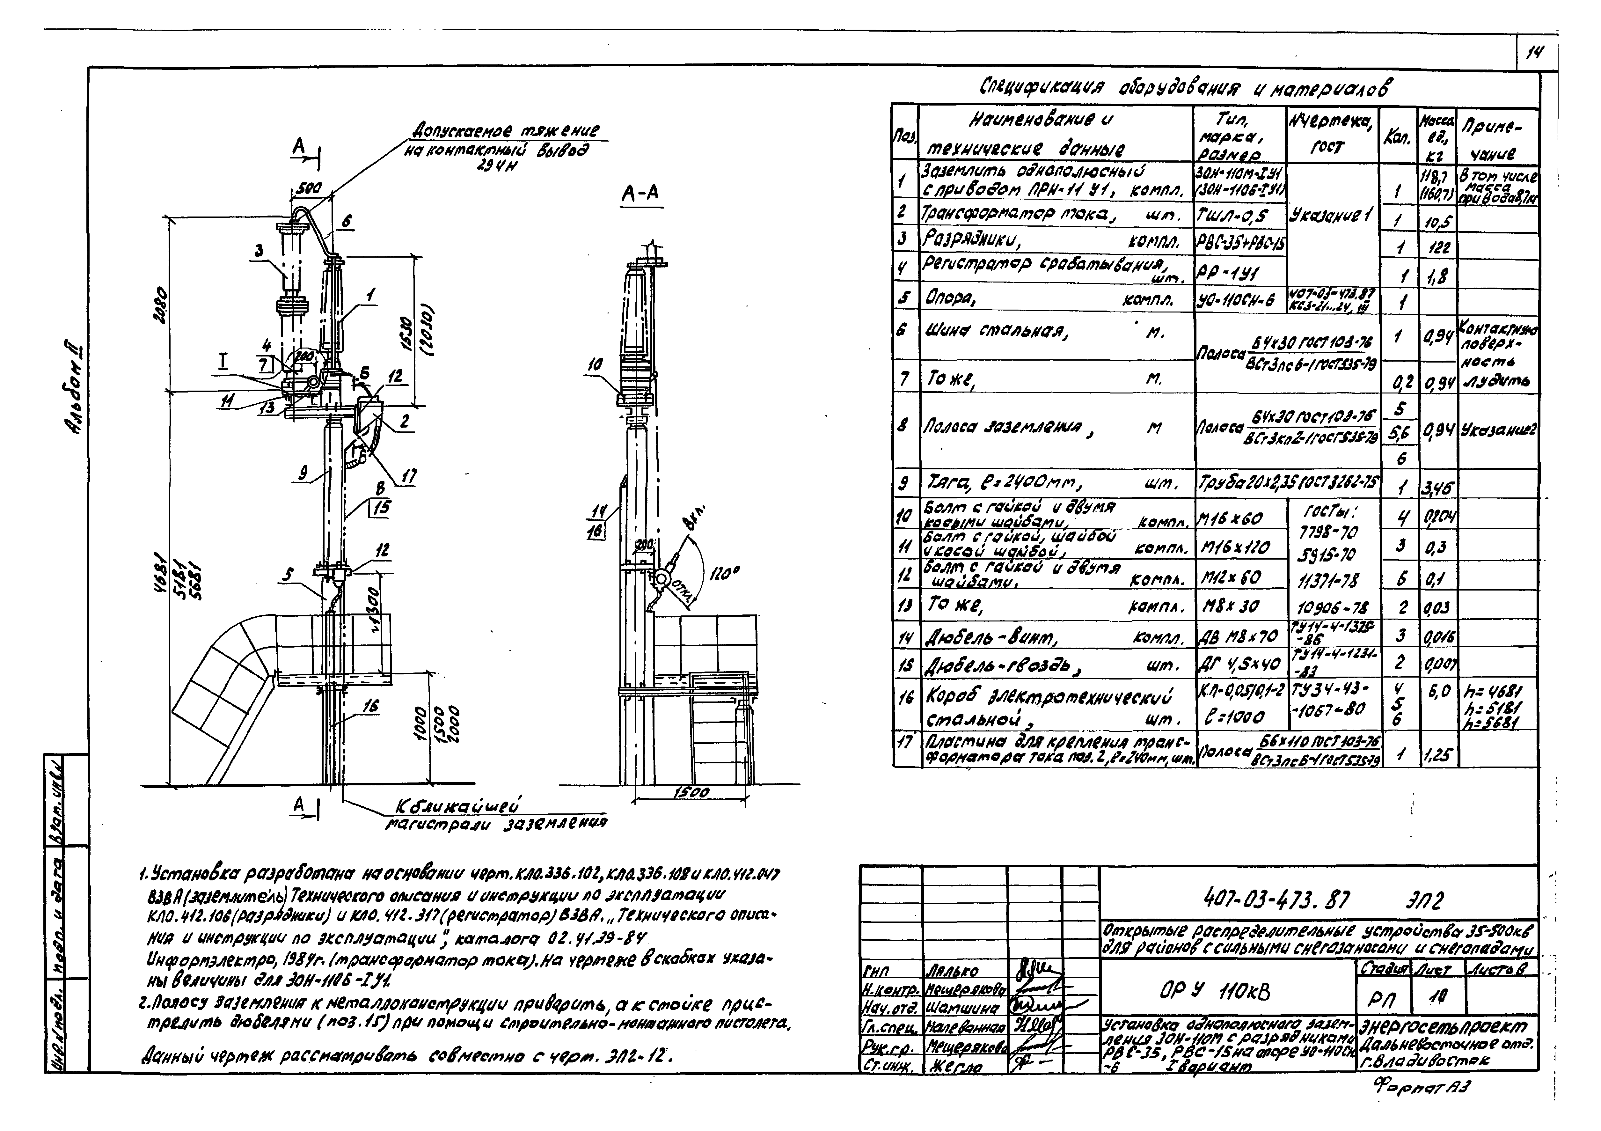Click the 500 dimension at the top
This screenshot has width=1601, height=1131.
304,188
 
